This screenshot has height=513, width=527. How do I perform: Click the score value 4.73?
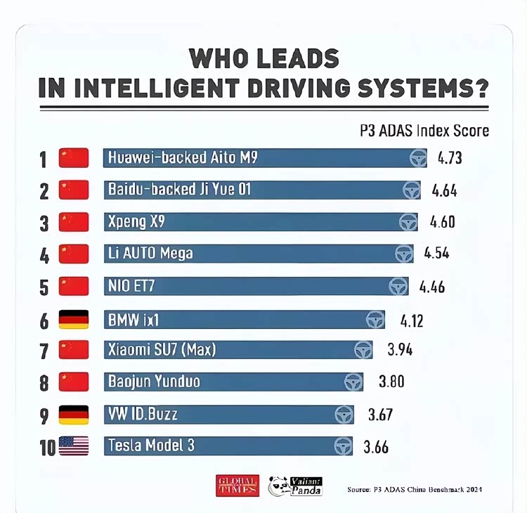click(450, 158)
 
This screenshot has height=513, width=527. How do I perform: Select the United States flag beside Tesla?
click(74, 446)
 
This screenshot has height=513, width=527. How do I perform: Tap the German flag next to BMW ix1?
click(74, 320)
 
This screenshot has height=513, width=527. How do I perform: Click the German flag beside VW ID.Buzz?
click(74, 415)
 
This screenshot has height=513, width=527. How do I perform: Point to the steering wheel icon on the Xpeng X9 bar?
click(408, 222)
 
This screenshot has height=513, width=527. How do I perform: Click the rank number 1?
click(44, 160)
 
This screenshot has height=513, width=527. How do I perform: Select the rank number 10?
click(47, 448)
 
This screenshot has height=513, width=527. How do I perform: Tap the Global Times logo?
click(237, 486)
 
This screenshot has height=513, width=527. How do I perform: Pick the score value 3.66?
click(376, 447)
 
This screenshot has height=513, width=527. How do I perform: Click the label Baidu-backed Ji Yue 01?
click(179, 189)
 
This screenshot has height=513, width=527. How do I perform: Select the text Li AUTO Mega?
click(150, 253)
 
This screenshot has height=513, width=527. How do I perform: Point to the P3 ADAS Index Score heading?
click(424, 131)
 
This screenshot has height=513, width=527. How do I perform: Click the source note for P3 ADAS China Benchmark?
click(415, 489)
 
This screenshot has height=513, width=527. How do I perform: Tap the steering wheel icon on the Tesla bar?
click(343, 446)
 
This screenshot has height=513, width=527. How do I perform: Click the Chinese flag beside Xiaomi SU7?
click(74, 349)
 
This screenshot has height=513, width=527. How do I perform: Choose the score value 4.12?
click(412, 321)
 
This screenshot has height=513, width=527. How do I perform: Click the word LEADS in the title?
click(289, 58)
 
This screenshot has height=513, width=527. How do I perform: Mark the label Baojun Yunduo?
click(154, 382)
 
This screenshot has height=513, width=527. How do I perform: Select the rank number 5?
click(44, 287)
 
